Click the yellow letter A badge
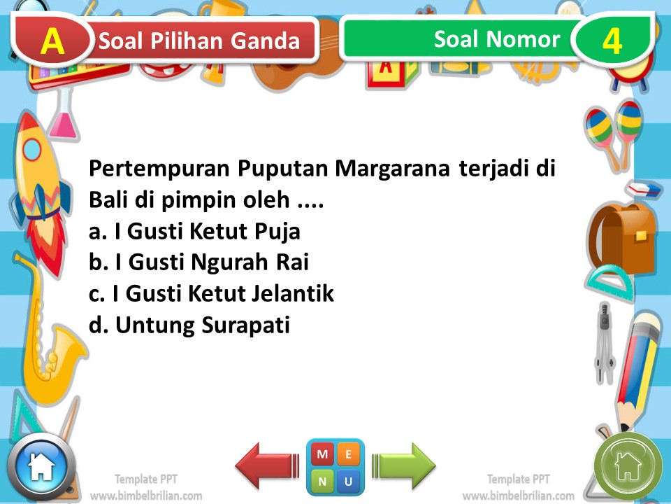52,41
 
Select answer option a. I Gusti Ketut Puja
194,231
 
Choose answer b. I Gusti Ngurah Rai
199,262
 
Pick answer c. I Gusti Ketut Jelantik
211,294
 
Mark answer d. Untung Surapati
189,325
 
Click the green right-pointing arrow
403,465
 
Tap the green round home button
628,464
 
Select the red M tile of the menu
322,454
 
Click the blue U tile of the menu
349,481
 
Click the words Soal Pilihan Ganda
199,41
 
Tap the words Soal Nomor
496,39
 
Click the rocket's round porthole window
33,150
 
